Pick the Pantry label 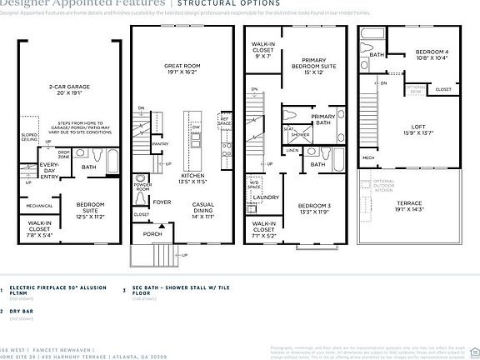(160, 143)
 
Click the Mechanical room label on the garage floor (39, 206)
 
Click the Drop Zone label (63, 155)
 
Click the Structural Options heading (219, 3)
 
